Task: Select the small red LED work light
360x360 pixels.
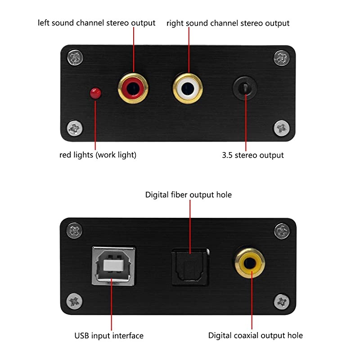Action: [95, 93]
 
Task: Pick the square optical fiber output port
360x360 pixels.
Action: [190, 266]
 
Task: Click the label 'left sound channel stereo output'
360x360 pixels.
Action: [97, 23]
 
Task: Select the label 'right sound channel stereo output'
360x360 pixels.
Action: [228, 23]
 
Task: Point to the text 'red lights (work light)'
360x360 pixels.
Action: [98, 155]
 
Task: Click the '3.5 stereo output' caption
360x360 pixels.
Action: [253, 155]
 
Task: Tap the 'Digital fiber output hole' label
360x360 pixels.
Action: [189, 195]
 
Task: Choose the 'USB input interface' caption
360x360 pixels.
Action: [109, 336]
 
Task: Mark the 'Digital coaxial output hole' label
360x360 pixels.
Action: [256, 336]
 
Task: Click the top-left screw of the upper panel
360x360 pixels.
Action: [75, 58]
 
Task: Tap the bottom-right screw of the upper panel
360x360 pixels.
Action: [282, 128]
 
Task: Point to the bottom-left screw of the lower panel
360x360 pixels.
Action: [75, 301]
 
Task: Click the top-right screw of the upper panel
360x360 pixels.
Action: [282, 58]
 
